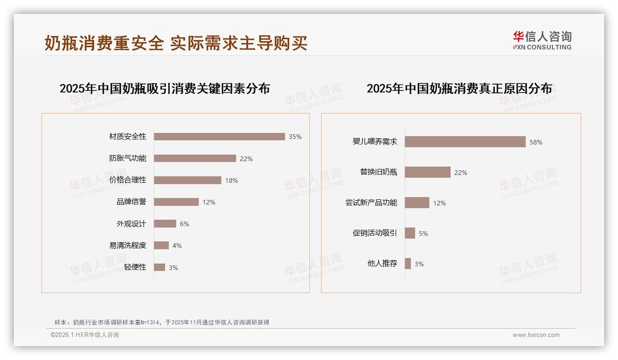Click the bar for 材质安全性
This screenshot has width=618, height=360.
(x=219, y=137)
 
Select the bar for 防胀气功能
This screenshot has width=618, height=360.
(x=195, y=158)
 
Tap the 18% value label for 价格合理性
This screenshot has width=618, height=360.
(x=232, y=180)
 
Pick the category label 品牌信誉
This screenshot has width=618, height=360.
(x=131, y=202)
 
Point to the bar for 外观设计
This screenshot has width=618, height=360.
(x=165, y=224)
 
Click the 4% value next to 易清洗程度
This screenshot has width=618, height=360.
(x=177, y=246)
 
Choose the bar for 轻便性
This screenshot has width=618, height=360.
(x=159, y=267)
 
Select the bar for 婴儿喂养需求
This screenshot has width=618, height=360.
(x=465, y=142)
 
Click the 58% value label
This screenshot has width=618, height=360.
(x=536, y=142)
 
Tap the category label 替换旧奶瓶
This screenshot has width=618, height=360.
(x=378, y=172)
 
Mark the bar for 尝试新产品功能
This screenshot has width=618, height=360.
(x=417, y=203)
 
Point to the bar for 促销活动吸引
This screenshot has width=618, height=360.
(x=410, y=233)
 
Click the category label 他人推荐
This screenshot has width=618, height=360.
(x=382, y=264)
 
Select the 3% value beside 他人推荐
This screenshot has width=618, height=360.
(x=419, y=264)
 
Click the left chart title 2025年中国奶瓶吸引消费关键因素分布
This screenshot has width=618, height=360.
(x=165, y=88)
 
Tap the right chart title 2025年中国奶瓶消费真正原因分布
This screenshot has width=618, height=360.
(x=459, y=88)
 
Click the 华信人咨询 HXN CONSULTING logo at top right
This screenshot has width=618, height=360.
(x=542, y=41)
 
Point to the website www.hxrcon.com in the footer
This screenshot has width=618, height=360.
(x=536, y=335)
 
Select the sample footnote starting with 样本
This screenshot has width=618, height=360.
(x=161, y=322)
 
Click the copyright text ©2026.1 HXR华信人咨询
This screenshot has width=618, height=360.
(x=85, y=335)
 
